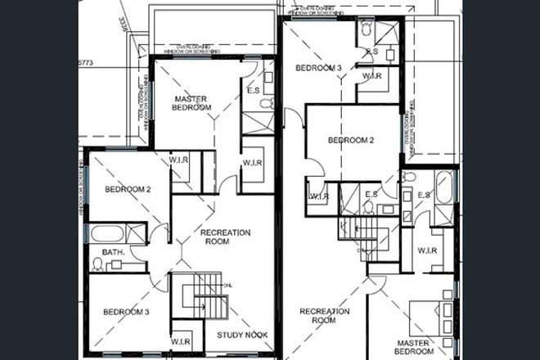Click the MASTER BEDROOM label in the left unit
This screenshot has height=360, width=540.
coord(193,103)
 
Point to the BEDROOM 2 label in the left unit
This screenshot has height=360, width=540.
coord(128,190)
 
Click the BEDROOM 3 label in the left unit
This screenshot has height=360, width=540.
coord(125,311)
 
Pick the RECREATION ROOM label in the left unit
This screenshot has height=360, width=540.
coord(225,237)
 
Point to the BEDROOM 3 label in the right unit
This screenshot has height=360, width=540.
coord(318,68)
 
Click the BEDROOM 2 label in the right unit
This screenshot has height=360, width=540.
coord(350,140)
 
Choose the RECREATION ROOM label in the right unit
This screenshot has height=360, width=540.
coord(324,316)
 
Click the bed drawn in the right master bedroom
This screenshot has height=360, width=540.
coord(434,315)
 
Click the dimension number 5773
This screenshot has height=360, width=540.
coord(86,61)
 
